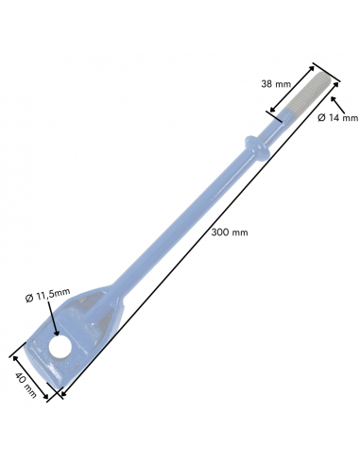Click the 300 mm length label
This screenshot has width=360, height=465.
pyautogui.click(x=230, y=232)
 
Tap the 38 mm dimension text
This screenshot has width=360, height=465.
pyautogui.click(x=276, y=84)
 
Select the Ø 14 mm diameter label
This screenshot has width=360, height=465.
pyautogui.click(x=338, y=118)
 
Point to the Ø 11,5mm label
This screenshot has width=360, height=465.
pyautogui.click(x=48, y=296)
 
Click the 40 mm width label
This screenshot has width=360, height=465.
pyautogui.click(x=26, y=385)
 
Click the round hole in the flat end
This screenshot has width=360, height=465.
pyautogui.click(x=60, y=347)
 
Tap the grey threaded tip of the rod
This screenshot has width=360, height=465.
pyautogui.click(x=309, y=94)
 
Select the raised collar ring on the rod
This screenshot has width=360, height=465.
pyautogui.click(x=258, y=148)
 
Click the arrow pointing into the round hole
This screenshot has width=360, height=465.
pyautogui.click(x=53, y=318)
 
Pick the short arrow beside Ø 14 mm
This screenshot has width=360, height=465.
pyautogui.click(x=337, y=105)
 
